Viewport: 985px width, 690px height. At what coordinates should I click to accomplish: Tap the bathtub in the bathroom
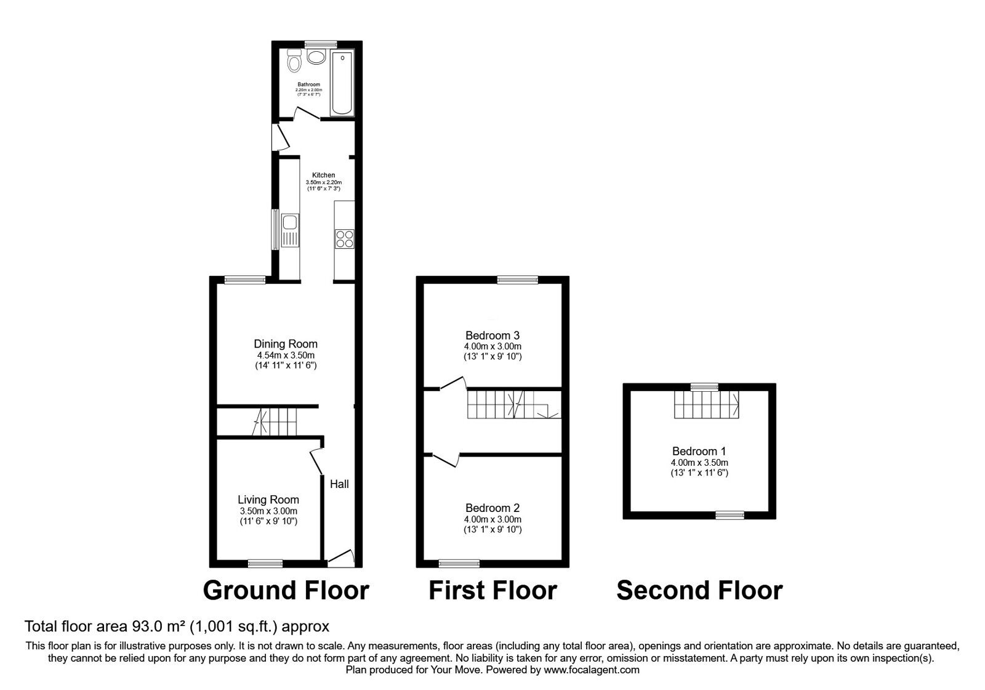[340, 84]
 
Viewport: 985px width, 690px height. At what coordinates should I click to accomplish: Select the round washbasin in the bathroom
[316, 58]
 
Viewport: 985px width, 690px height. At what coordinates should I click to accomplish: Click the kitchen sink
[289, 230]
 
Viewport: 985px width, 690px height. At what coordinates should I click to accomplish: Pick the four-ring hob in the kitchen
[344, 238]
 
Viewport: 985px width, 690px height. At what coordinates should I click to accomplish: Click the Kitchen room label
[323, 175]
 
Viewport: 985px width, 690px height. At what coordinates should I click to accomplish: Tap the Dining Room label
[286, 344]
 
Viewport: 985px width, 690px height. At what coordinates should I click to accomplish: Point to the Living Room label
[268, 500]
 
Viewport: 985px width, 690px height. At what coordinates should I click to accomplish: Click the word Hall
[339, 484]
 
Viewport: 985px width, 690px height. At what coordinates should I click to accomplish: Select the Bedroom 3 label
[492, 336]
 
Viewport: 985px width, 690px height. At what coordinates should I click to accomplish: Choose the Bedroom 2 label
[492, 508]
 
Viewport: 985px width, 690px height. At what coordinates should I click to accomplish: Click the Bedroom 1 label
[699, 451]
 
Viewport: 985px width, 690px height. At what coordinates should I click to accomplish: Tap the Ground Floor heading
[286, 590]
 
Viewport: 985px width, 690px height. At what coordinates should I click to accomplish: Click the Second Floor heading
[699, 590]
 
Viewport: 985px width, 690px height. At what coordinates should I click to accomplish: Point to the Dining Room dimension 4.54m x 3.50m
[286, 355]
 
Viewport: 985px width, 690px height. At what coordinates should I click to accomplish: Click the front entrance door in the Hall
[340, 558]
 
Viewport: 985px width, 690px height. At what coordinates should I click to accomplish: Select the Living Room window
[265, 563]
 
